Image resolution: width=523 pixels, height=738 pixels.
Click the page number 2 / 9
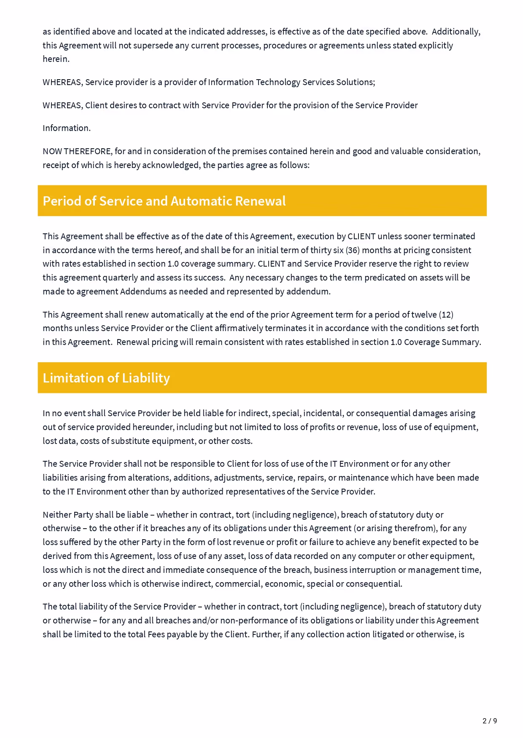coord(489,721)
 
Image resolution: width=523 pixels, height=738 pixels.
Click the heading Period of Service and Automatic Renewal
coord(164,201)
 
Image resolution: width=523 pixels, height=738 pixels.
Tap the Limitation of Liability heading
coord(106,378)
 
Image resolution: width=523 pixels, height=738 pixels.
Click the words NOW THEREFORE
coord(77,151)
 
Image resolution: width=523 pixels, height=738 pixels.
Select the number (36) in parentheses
coord(353,250)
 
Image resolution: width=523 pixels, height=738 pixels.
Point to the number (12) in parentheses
coord(446,315)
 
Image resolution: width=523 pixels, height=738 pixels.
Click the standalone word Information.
coord(67,128)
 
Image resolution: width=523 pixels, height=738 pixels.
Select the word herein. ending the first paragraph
coord(56,59)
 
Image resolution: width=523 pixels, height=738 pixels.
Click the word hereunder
coord(153,427)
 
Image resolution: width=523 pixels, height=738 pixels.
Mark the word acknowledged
coord(170,165)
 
